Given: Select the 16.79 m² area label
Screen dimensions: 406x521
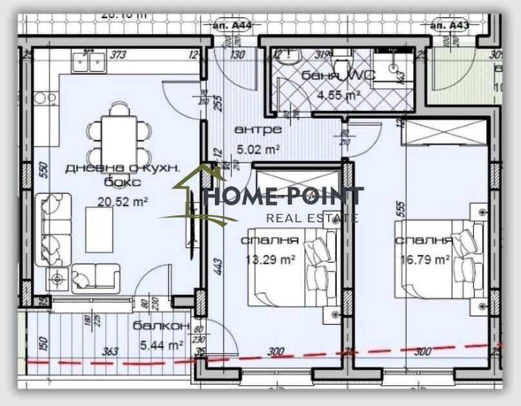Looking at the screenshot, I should pyautogui.click(x=424, y=259).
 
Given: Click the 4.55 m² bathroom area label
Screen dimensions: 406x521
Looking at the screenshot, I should pyautogui.click(x=338, y=94).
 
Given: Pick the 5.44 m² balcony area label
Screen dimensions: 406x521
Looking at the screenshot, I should pyautogui.click(x=161, y=345).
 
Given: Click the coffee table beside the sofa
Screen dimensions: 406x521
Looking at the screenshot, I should pyautogui.click(x=99, y=230).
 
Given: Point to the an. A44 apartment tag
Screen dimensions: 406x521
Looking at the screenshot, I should pyautogui.click(x=230, y=26).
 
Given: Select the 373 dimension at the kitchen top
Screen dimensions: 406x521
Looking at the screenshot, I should pyautogui.click(x=117, y=55).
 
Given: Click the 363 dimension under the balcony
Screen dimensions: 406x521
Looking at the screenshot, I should pyautogui.click(x=110, y=351).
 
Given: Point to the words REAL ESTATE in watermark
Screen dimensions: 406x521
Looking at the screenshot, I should pyautogui.click(x=312, y=218).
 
